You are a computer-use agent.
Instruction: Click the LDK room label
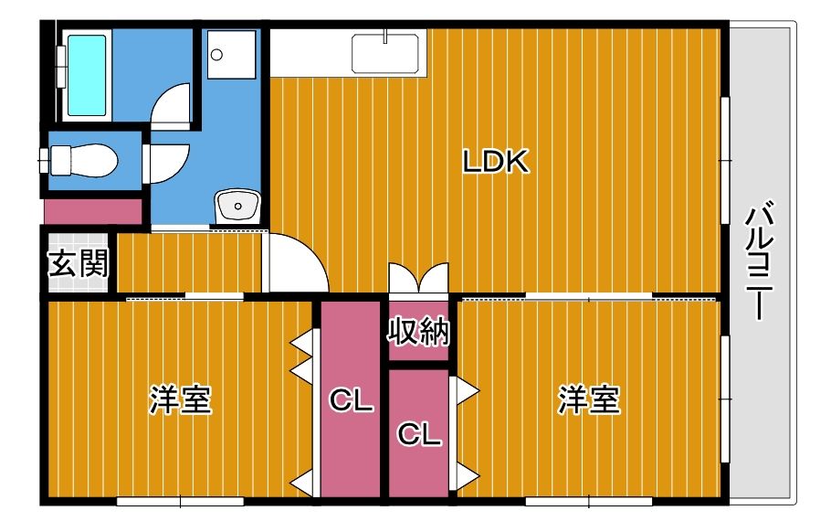[496, 163]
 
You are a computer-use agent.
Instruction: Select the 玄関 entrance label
[78, 263]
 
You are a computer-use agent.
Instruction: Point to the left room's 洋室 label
[180, 400]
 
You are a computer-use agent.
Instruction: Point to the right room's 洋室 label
[589, 400]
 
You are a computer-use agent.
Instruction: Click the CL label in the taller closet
[351, 400]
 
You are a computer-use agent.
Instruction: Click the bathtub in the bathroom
[86, 75]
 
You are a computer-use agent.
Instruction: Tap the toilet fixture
[82, 162]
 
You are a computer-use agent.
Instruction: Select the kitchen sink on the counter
[388, 52]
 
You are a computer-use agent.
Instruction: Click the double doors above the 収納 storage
[419, 278]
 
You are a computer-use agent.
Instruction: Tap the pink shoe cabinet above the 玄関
[93, 210]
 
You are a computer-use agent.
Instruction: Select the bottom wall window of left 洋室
[180, 501]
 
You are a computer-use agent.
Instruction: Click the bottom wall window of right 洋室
[589, 501]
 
